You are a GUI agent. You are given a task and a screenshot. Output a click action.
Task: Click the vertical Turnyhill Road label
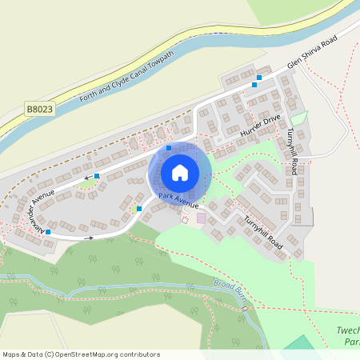pos(293,150)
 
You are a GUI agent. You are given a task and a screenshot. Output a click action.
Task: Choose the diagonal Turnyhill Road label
pos(264,236)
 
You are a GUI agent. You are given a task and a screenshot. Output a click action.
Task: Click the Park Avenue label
pos(178,200)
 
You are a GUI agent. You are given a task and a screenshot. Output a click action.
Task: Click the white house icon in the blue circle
pos(179,173)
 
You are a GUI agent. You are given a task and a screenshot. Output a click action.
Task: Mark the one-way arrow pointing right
pos(87,238)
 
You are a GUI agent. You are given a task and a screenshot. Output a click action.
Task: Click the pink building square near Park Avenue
pos(200,217)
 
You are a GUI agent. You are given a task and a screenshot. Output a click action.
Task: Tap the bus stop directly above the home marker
pos(168,148)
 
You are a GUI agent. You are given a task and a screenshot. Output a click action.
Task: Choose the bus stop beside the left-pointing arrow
pos(97,175)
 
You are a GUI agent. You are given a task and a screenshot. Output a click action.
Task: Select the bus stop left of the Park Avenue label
pos(139,208)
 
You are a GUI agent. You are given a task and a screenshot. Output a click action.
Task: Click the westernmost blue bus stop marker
pos(48,232)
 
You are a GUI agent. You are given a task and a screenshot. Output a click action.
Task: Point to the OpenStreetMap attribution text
pos(81,354)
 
